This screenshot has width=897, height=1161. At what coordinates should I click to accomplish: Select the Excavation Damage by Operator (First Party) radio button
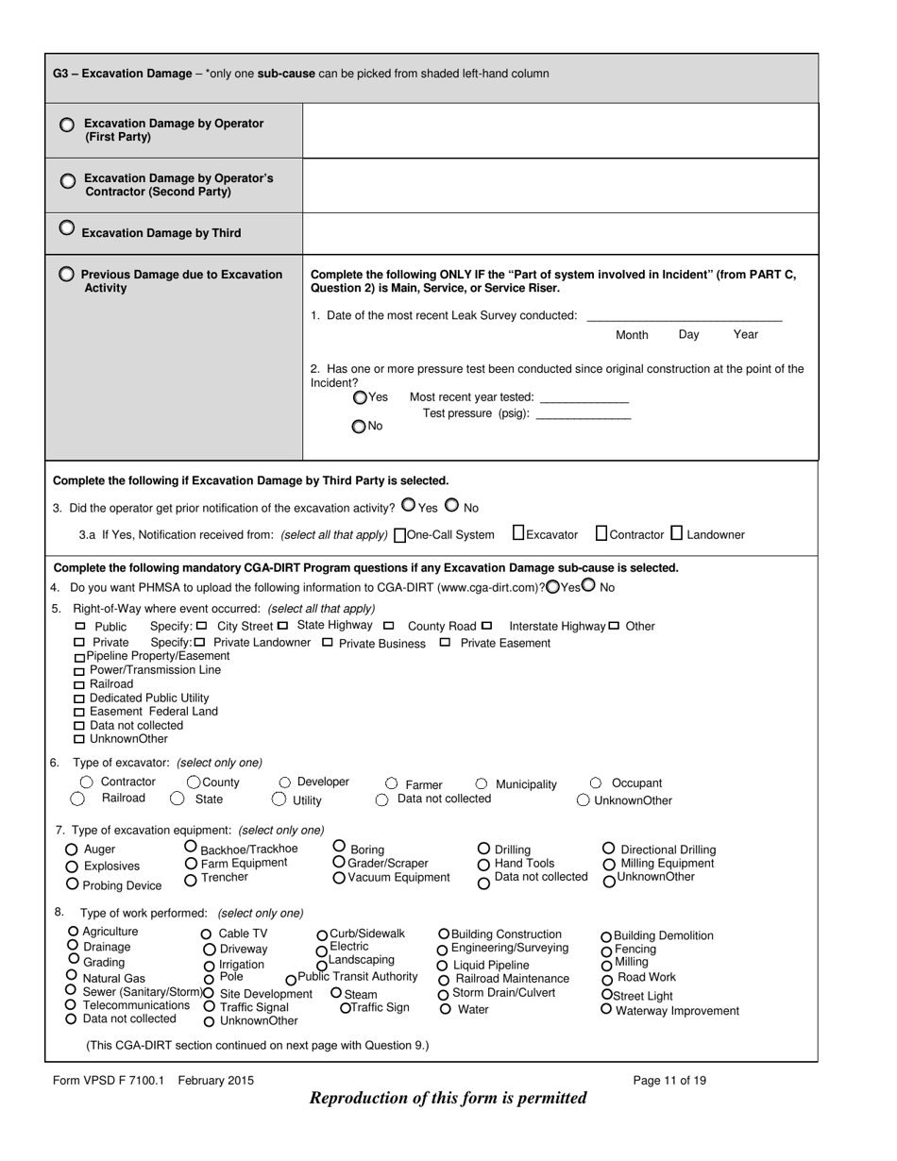click(67, 125)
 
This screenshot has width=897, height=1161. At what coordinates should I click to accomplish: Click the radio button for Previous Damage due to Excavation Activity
click(66, 275)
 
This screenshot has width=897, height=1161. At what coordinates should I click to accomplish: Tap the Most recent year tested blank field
click(583, 397)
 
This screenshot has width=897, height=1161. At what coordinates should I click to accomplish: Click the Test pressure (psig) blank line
click(583, 414)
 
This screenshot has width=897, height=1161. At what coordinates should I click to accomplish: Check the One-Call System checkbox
click(399, 535)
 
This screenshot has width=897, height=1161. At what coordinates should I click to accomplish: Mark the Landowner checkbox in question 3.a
click(676, 533)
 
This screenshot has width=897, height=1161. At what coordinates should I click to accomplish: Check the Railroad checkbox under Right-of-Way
click(79, 684)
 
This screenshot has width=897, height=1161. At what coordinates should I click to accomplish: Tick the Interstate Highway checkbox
click(486, 626)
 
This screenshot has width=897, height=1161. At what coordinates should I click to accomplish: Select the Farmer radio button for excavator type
click(392, 783)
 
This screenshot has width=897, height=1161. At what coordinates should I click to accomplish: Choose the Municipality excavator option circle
click(482, 783)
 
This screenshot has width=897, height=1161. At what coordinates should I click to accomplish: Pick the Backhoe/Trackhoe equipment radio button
click(191, 847)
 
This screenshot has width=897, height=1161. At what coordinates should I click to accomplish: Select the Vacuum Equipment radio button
click(339, 878)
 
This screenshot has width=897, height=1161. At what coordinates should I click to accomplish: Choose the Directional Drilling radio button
click(609, 849)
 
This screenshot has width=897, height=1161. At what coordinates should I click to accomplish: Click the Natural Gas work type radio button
click(72, 975)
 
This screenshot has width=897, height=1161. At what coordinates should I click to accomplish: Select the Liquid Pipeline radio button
click(443, 966)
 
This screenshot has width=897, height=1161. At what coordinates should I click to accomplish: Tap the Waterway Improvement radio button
click(606, 1009)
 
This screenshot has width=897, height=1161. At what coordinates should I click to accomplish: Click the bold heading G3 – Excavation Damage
click(122, 74)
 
